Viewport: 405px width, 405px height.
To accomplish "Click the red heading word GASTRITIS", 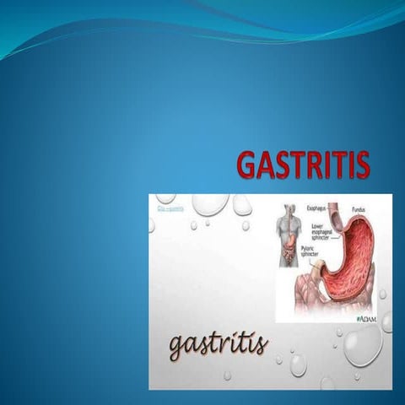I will click(x=302, y=165).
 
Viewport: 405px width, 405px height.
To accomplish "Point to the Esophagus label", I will click(x=314, y=203).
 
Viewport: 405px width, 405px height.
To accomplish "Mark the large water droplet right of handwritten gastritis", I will click(x=362, y=346).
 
